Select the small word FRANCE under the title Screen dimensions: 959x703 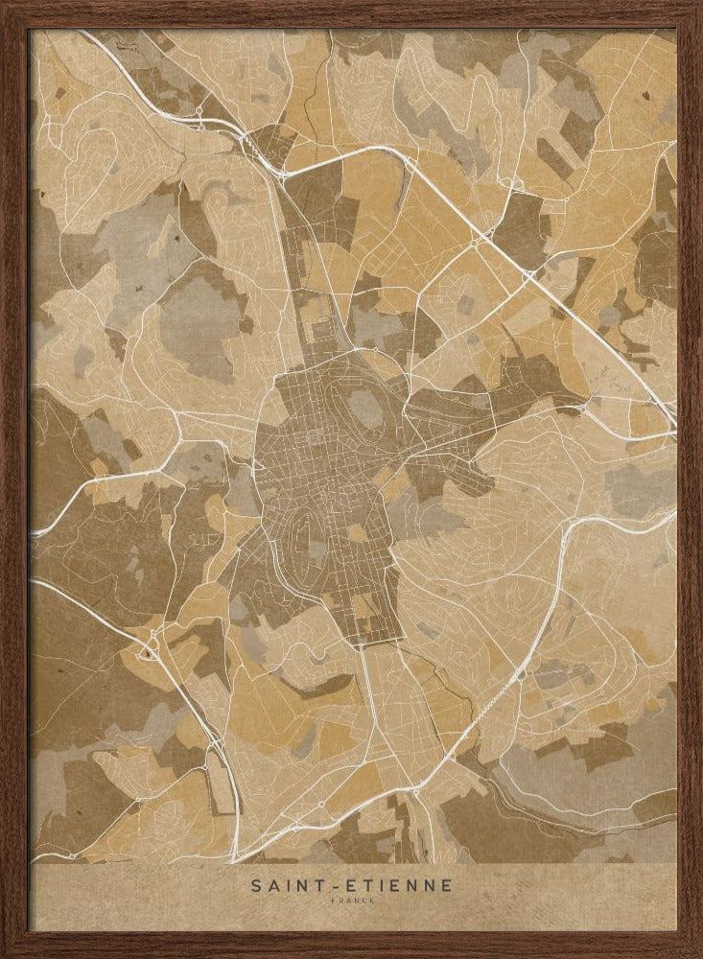tap(352, 901)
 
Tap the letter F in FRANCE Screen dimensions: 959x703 tap(331, 901)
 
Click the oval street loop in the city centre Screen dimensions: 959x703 tap(305, 531)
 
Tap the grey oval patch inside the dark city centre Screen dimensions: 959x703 tap(365, 409)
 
